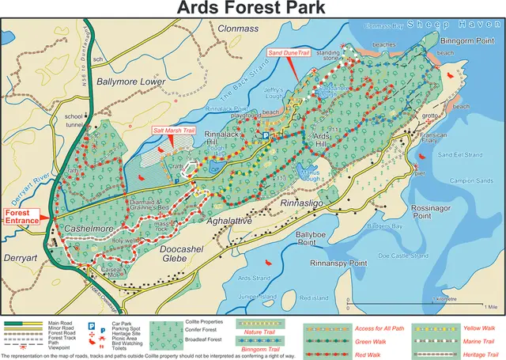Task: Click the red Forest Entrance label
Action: pyautogui.click(x=22, y=217)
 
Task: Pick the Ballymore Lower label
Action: pyautogui.click(x=126, y=81)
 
